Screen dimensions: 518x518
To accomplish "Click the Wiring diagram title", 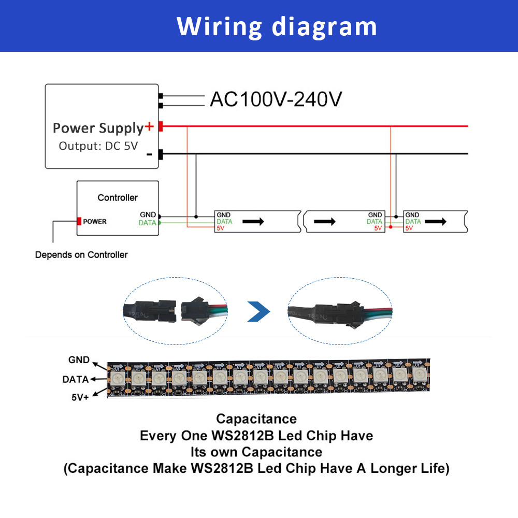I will (277, 26).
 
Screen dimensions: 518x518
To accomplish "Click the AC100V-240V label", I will (276, 99).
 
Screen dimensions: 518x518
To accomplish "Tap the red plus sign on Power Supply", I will (150, 126).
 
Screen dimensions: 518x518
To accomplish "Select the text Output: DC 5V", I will (98, 146).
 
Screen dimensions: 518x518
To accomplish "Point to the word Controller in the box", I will (118, 197).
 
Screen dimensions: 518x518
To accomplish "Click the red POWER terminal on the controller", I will (79, 221).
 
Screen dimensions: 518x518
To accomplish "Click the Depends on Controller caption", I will (81, 254).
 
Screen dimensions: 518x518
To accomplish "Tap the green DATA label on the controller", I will (148, 223).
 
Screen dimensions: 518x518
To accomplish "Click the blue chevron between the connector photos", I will (258, 311).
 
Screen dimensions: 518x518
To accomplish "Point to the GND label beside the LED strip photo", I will (79, 360).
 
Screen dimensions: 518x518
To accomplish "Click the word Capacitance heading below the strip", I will (256, 419).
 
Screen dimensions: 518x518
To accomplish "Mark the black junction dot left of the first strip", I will (196, 215).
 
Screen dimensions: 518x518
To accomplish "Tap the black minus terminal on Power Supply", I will (161, 154).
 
